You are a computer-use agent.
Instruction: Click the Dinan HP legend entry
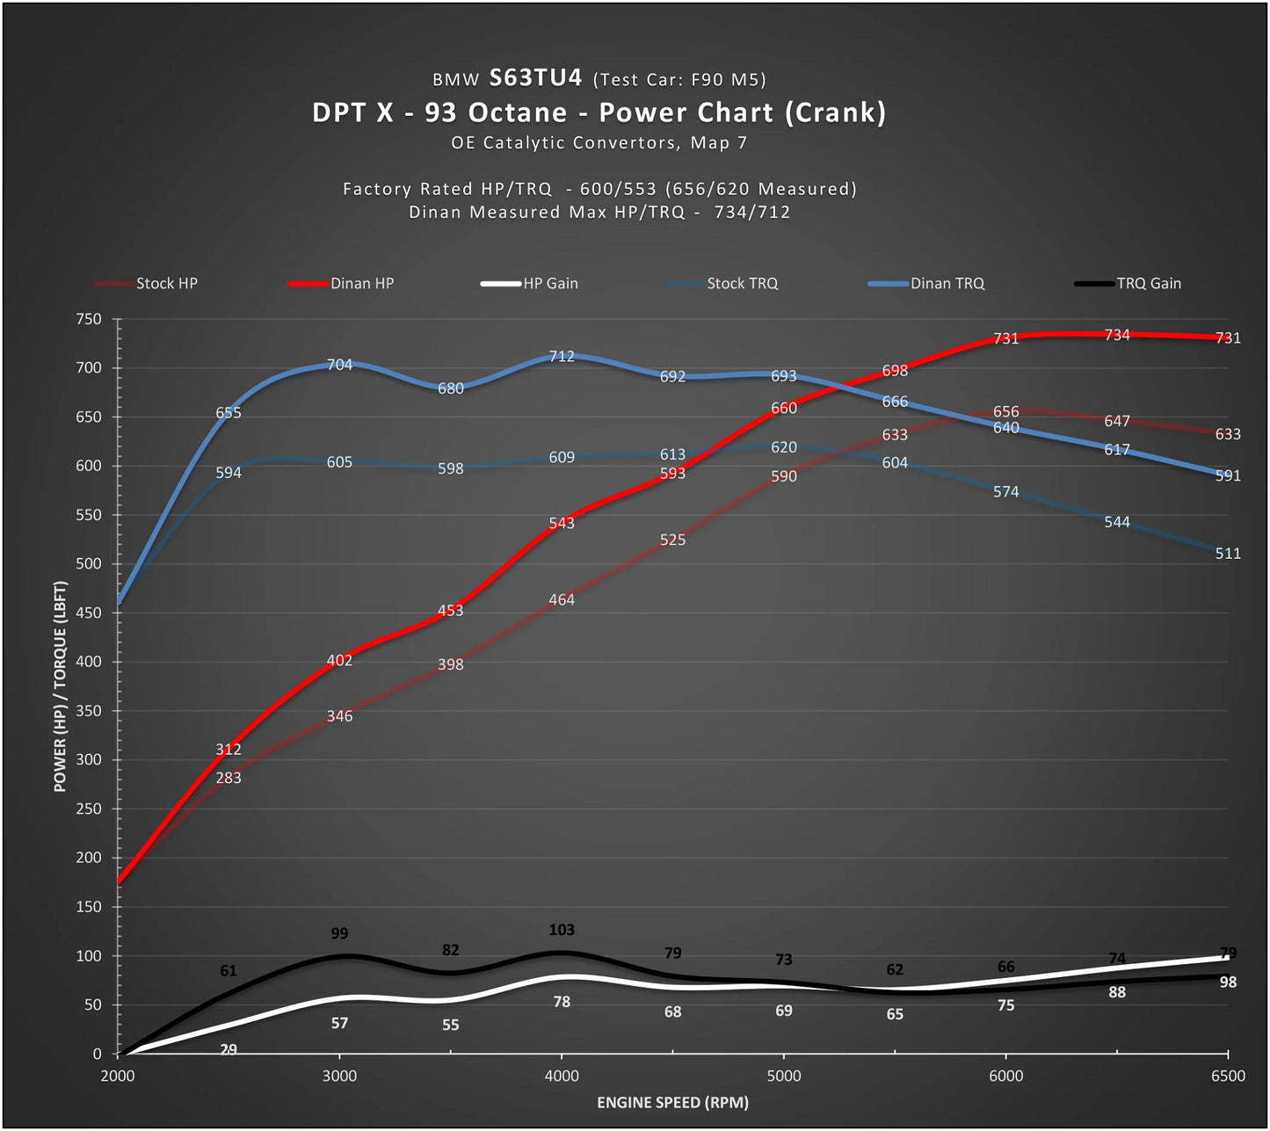[x=341, y=283]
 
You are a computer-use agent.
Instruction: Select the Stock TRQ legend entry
[x=722, y=283]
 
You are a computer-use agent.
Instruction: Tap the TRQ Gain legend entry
[x=1128, y=283]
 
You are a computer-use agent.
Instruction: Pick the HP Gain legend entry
[x=530, y=283]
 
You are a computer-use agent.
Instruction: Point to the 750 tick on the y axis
[x=89, y=319]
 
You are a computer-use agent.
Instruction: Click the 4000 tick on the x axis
[x=561, y=1076]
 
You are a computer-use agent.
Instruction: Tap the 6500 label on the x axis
[x=1228, y=1076]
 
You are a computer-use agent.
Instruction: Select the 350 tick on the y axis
[x=89, y=711]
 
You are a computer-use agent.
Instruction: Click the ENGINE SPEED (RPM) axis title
[x=672, y=1103]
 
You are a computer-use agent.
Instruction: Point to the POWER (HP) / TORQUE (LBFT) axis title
[x=60, y=686]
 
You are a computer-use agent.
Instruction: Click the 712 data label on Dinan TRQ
[x=561, y=356]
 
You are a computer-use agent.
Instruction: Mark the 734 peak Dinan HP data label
[x=1116, y=335]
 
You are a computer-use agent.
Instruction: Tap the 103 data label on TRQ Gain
[x=561, y=930]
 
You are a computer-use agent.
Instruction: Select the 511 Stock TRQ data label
[x=1228, y=554]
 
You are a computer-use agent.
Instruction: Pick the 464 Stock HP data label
[x=561, y=600]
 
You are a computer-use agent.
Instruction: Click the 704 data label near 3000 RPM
[x=339, y=365]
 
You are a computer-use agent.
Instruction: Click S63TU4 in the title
[x=535, y=77]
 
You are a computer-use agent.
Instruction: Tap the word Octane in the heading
[x=517, y=112]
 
